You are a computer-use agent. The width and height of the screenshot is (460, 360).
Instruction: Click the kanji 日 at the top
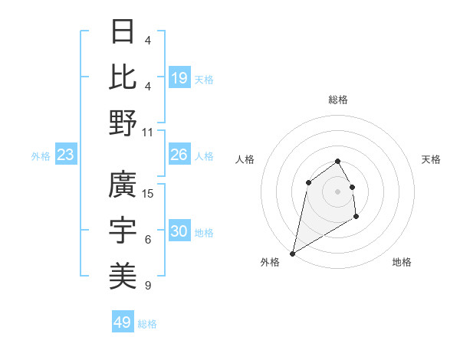(x=123, y=33)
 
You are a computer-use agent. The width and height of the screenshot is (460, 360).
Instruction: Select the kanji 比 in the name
(x=123, y=77)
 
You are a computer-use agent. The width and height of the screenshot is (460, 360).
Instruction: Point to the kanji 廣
(x=123, y=185)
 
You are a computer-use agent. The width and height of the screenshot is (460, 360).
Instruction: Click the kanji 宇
(x=123, y=230)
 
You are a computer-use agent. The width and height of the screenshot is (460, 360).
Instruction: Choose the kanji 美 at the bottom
(x=123, y=273)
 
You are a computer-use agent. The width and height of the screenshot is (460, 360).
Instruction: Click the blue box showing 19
(x=179, y=78)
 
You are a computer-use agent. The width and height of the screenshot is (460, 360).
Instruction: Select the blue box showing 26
(x=179, y=155)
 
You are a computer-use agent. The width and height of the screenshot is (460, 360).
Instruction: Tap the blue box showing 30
(x=179, y=231)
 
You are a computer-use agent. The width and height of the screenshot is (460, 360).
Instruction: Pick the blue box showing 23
(x=65, y=155)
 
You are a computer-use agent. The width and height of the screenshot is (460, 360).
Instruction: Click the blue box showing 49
(x=123, y=322)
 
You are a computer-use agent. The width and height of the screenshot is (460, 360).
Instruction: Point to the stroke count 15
(x=149, y=193)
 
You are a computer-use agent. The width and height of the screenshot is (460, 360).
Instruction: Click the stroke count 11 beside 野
(x=148, y=131)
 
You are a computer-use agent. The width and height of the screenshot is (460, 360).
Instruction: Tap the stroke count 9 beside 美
(x=147, y=286)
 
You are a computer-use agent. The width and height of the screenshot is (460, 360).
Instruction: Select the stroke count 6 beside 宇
(x=147, y=240)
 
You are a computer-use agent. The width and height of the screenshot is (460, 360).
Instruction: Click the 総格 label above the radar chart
(x=337, y=100)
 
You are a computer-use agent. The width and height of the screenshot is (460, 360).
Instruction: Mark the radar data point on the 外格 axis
(x=292, y=253)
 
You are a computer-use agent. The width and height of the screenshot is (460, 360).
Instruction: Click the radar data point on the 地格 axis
(x=356, y=218)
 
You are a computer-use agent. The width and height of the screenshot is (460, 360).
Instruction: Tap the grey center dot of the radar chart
(x=337, y=191)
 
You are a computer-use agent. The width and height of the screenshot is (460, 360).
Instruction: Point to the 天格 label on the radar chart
(x=432, y=159)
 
